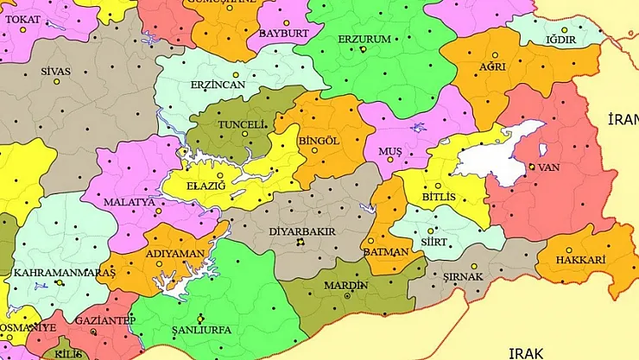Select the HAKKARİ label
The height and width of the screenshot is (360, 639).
click(580, 260)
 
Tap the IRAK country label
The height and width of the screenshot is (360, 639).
click(528, 352)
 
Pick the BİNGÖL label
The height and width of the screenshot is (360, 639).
click(319, 140)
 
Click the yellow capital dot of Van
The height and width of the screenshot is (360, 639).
click(531, 166)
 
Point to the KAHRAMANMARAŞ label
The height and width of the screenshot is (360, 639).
click(52, 273)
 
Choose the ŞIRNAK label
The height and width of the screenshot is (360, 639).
click(462, 276)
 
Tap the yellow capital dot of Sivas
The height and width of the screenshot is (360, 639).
click(57, 82)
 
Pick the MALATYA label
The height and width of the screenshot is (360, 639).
click(129, 202)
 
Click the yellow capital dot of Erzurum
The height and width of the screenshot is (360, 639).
click(364, 50)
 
